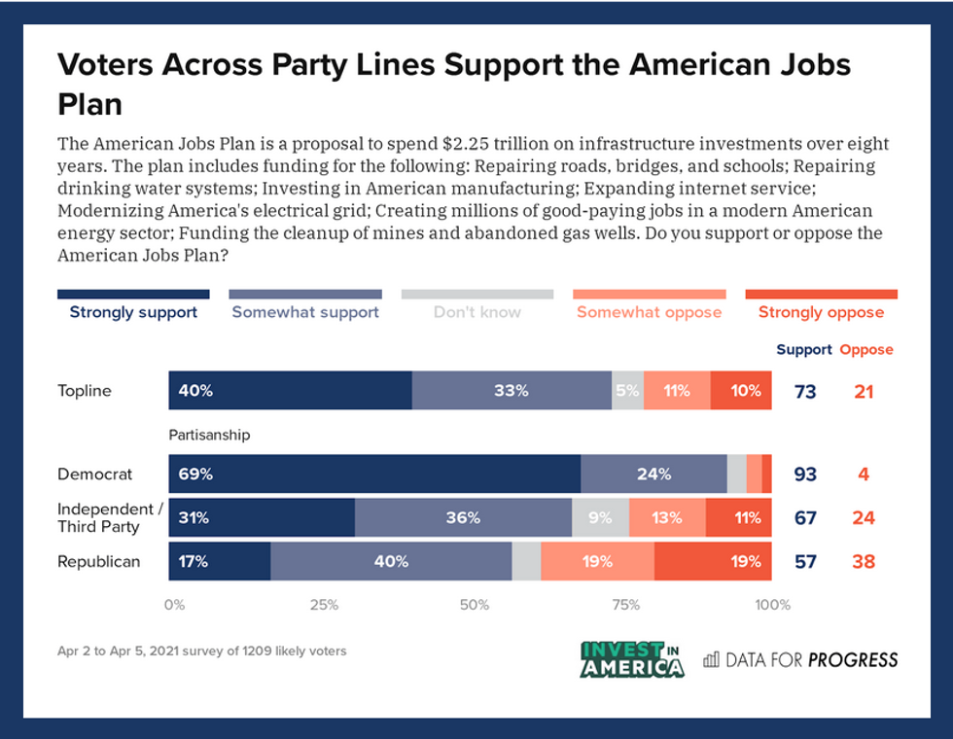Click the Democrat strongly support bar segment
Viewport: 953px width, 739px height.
coord(374,474)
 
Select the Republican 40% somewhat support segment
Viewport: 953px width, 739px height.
coord(391,561)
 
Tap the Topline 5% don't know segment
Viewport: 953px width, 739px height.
coord(627,391)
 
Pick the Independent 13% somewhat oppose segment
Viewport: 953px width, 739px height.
coord(667,517)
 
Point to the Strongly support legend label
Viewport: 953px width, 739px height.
coord(133,312)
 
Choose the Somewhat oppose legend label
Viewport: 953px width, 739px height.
coord(649,312)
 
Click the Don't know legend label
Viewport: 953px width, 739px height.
coord(476,312)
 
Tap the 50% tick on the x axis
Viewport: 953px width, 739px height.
coord(475,605)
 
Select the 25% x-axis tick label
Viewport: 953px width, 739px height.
coord(324,605)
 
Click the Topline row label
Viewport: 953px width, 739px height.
coord(85,391)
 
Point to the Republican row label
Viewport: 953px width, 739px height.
coord(99,561)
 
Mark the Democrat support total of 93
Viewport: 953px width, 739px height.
coord(805,475)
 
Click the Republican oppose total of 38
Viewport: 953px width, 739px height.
coord(864,562)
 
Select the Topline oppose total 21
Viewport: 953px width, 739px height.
coord(864,392)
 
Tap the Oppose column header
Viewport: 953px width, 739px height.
coord(865,349)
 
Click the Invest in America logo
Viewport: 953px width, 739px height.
coord(632,659)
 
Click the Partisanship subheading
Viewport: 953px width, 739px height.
coord(209,435)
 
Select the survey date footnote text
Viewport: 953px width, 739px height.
coord(201,651)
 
